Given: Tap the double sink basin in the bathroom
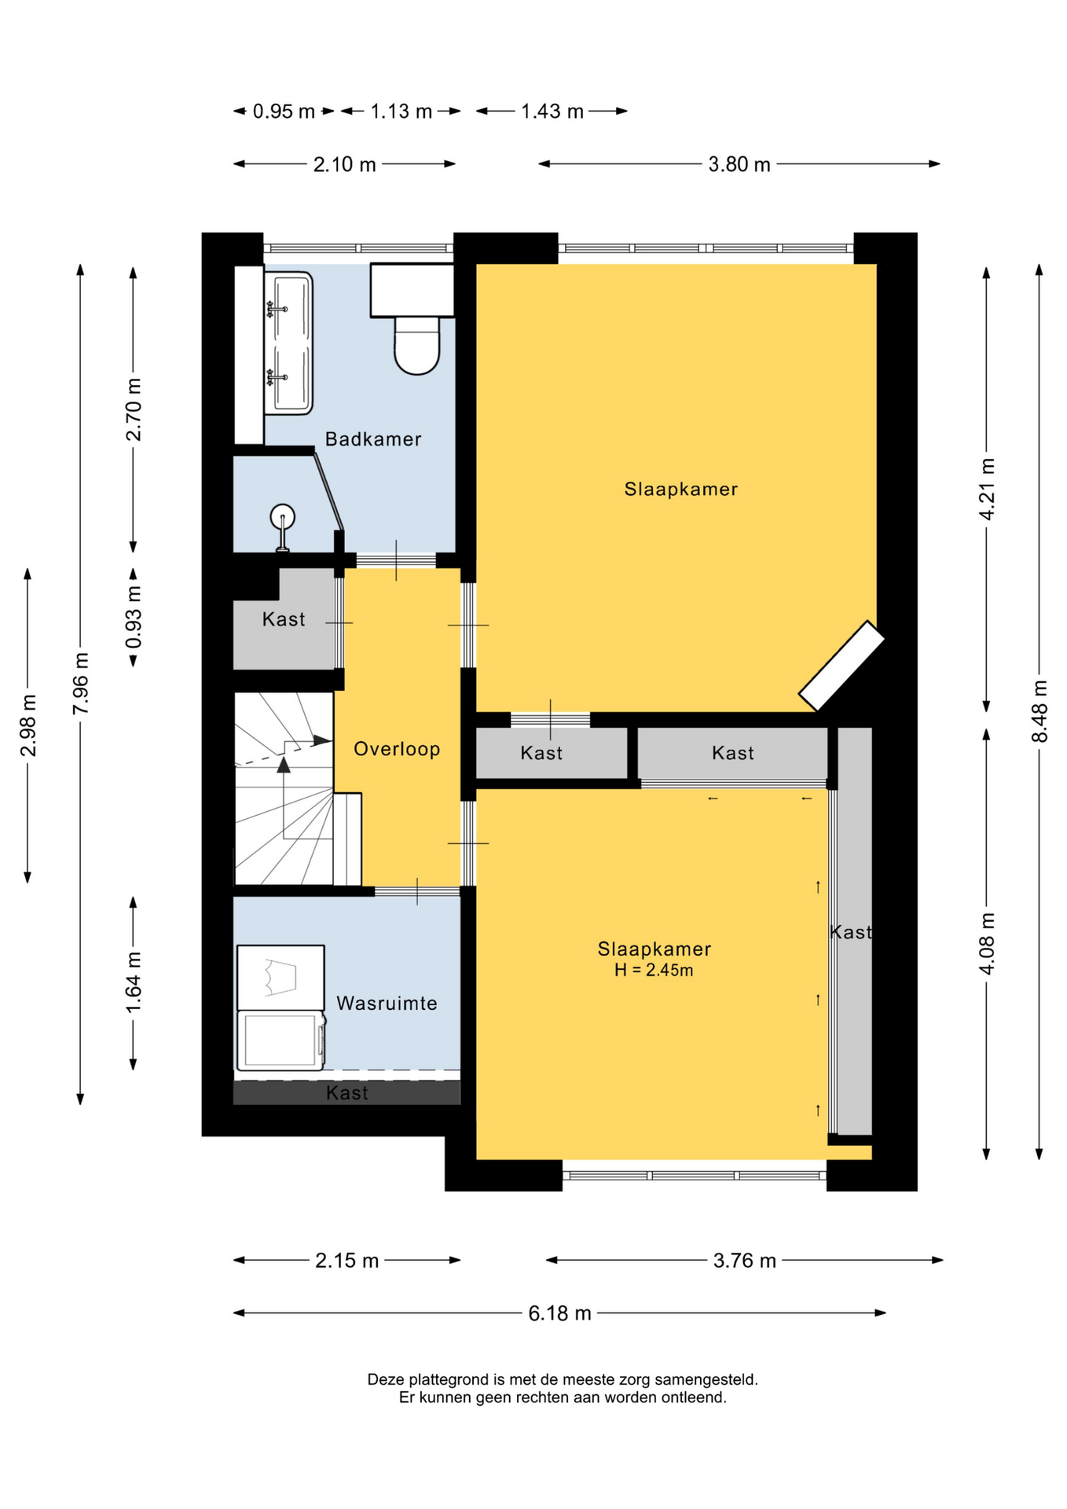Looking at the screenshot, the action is pos(288,343).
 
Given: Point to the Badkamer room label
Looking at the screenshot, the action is pos(373,439).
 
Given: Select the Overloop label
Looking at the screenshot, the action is pos(397,749).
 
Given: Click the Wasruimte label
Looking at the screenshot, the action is pos(387,1004).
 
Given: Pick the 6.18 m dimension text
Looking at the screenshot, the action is pos(559,1313).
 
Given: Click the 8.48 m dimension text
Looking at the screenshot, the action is pos(1039,711).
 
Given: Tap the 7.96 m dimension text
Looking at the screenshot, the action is pos(80,684).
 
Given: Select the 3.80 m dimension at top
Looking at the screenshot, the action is pos(739,165).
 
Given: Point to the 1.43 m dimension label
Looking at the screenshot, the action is pos(552,112).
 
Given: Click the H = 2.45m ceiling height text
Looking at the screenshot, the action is pos(654,971).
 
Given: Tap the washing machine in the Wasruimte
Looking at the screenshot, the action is pos(281,1040).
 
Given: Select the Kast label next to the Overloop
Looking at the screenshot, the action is pos(284,619).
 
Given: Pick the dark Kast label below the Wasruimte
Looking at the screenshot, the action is pos(347,1093).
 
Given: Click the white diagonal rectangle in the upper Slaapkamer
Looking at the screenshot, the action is pos(842,666).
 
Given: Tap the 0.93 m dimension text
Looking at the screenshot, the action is pos(134,618).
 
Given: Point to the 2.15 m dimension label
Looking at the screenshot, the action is pos(347,1261).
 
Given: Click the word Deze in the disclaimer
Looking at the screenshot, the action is pos(385,1379).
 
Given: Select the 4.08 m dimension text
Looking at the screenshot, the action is pos(987,944).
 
